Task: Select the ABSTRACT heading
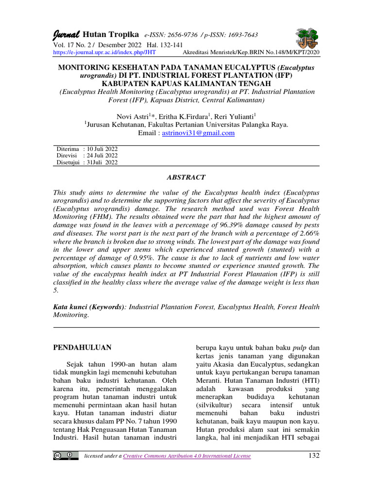tap(186, 178)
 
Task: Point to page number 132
tap(313, 455)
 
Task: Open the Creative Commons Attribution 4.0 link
tap(187, 456)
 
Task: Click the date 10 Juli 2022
tap(102, 149)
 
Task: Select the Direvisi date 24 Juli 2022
tap(102, 156)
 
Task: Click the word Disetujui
tap(68, 162)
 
